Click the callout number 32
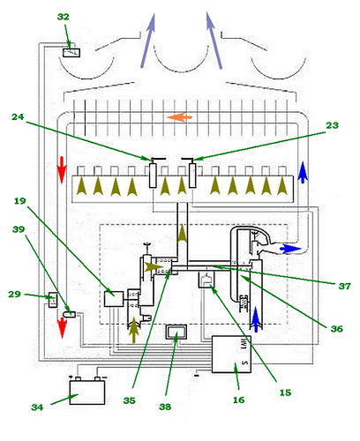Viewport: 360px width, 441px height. (63, 17)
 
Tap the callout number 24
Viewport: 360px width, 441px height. (18, 117)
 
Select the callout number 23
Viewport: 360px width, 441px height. (332, 125)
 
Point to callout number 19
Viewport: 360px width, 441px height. (20, 201)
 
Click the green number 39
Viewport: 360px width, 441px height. (19, 229)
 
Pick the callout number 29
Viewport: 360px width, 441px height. (14, 294)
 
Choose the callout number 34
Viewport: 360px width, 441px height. (37, 407)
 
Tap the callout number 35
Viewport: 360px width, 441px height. (129, 400)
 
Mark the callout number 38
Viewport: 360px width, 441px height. (165, 407)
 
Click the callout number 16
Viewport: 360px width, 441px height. (238, 400)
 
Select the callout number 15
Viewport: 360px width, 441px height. (285, 392)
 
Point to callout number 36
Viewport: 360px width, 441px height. (337, 329)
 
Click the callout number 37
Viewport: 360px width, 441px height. (345, 286)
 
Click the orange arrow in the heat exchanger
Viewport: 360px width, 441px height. (179, 117)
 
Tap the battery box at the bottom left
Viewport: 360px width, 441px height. (87, 392)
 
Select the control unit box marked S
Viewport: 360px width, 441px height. (231, 355)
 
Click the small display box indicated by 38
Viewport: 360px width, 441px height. (176, 333)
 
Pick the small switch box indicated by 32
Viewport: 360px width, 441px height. (71, 53)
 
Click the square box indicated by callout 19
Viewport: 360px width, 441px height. (114, 299)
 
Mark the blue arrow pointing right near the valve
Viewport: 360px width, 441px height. (290, 249)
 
